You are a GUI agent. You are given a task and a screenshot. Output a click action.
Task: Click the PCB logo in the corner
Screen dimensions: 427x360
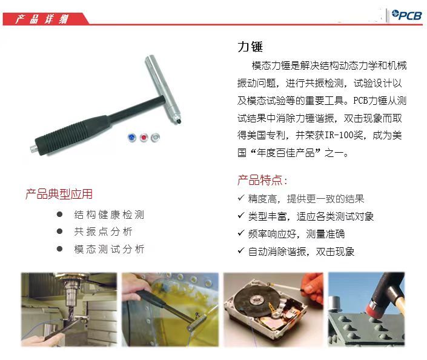pos(406,15)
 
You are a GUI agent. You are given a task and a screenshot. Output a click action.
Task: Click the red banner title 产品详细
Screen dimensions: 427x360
pos(42,19)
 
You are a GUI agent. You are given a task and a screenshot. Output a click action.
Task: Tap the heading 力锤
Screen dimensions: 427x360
pos(250,47)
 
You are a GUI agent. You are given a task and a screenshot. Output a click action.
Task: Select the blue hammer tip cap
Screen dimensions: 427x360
pos(132,137)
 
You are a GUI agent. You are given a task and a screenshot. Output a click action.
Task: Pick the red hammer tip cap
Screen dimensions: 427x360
pos(144,137)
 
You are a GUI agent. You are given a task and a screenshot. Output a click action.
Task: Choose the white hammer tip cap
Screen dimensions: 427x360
pos(155,137)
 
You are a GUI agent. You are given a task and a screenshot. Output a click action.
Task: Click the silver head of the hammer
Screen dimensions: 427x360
pos(162,89)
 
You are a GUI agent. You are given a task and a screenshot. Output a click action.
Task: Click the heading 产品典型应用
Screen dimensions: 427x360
pos(59,194)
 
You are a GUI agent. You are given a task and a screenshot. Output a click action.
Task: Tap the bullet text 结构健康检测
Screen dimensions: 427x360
pos(109,215)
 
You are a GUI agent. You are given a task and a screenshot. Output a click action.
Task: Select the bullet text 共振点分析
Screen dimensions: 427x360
pos(103,232)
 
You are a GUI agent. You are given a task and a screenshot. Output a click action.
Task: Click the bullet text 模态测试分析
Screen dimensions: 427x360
pos(109,249)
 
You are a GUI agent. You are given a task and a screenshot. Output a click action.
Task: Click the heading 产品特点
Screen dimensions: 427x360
pos(262,180)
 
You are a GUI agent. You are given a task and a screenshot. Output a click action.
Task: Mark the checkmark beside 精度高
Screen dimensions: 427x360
pos(240,198)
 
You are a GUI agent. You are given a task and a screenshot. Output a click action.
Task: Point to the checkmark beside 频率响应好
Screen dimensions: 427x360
pos(240,233)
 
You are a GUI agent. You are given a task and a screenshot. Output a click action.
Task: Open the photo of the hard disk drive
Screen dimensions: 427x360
pos(273,310)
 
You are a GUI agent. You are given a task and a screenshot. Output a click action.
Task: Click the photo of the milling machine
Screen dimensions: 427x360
pos(69,310)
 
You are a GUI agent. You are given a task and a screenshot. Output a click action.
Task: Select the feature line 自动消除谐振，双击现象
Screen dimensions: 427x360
pos(301,252)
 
